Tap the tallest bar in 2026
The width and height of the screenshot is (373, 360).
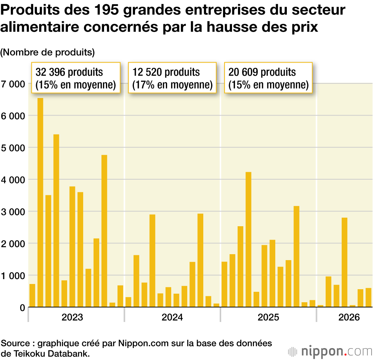344,262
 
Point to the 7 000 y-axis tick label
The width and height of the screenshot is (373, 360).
13,84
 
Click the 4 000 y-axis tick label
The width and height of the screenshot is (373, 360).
13,180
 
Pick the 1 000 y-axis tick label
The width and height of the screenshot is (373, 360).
13,276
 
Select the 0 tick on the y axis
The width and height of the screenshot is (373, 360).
22,308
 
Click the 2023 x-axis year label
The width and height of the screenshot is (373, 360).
72,318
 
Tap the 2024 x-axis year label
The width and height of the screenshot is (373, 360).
172,318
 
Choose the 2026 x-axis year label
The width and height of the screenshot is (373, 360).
349,318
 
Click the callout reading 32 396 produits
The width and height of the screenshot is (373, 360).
75,78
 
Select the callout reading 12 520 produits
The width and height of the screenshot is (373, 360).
172,78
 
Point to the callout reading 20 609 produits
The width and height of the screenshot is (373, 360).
268,78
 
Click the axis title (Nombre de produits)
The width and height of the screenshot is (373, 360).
48,53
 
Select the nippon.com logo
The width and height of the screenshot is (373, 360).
330,351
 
